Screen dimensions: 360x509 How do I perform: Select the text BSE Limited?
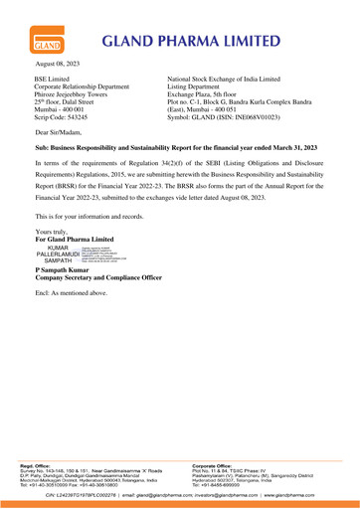pyautogui.click(x=56, y=103)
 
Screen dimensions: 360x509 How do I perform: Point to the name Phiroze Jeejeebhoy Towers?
pyautogui.click(x=81, y=119)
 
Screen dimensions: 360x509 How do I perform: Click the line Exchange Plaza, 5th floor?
pyautogui.click(x=227, y=119)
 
